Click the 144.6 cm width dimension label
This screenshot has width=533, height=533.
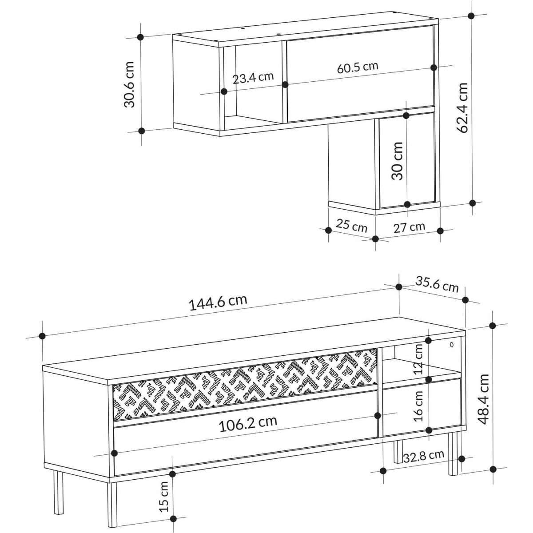[218, 302]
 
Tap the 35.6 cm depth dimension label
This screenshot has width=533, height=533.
[437, 285]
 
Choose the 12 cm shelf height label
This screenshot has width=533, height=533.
[418, 359]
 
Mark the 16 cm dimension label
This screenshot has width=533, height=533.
[418, 406]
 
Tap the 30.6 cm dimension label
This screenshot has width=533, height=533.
[129, 84]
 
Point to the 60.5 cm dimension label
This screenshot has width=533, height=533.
[358, 67]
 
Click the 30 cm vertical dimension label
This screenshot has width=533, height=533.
[397, 161]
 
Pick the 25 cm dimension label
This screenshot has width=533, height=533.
[351, 226]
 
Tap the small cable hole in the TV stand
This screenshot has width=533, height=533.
[452, 345]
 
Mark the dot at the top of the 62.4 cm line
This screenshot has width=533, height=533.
[471, 16]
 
